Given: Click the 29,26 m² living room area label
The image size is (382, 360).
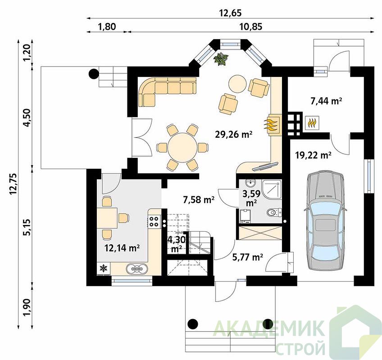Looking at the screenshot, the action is (x=233, y=134).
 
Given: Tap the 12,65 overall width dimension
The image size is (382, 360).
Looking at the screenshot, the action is (x=230, y=13).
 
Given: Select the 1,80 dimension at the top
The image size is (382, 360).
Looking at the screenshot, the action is (x=107, y=26).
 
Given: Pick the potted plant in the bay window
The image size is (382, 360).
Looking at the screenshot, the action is (x=221, y=58).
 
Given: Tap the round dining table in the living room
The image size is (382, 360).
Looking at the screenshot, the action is (x=182, y=148).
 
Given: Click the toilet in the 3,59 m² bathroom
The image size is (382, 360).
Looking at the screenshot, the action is (x=274, y=213).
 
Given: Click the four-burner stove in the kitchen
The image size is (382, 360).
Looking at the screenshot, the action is (x=154, y=221).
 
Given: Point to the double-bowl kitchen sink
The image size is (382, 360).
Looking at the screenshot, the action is (x=137, y=269).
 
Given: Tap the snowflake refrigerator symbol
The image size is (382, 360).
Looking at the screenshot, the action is (x=104, y=268).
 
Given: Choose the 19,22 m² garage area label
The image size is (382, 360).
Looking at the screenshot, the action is (x=313, y=154).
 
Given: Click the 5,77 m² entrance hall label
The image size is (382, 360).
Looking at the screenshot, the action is (x=247, y=257).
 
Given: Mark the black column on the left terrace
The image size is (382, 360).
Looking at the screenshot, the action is (x=94, y=73).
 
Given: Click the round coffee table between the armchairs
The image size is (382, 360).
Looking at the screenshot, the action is (x=237, y=84).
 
